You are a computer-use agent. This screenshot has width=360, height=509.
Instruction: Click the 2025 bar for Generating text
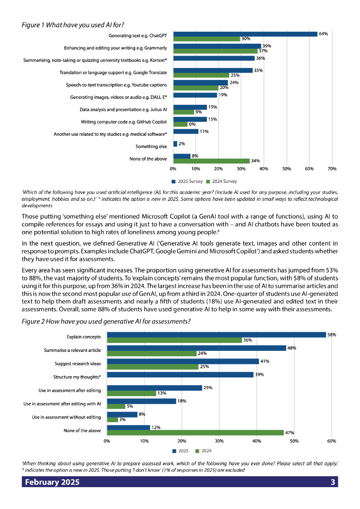pos(245,34)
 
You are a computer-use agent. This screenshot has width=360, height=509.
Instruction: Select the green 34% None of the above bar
pos(211,161)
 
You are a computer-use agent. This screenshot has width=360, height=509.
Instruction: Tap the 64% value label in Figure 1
pos(323,34)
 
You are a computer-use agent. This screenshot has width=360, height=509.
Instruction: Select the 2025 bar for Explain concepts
pos(216,335)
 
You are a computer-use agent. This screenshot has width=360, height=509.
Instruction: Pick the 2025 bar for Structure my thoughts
pos(180,375)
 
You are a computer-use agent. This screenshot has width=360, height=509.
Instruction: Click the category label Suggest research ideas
pos(78,364)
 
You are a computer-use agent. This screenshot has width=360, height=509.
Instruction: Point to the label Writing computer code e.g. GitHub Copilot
pos(124,122)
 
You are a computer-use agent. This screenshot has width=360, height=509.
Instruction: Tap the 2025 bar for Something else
pos(175,144)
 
